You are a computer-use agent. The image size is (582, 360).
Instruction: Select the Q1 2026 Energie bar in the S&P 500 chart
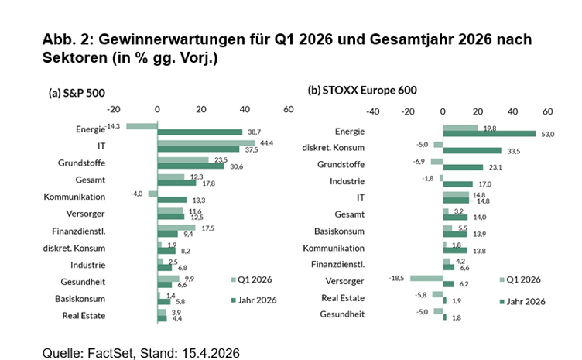(x=142, y=125)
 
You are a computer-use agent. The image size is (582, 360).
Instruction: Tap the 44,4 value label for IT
(x=268, y=142)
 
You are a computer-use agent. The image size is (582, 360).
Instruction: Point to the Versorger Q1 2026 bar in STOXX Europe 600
(x=426, y=278)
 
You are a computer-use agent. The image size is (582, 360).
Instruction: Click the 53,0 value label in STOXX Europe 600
(x=547, y=135)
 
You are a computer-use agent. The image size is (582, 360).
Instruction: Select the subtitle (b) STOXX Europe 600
(x=362, y=91)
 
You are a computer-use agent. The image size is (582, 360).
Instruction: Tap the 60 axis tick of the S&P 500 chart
(x=288, y=110)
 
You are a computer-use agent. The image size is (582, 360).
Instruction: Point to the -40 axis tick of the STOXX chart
(x=371, y=111)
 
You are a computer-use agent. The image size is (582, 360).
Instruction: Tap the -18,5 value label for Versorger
(x=399, y=277)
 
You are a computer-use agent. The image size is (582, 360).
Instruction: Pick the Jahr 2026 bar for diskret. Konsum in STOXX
(x=471, y=150)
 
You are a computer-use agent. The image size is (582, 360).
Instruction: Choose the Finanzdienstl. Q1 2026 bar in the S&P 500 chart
(x=176, y=228)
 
